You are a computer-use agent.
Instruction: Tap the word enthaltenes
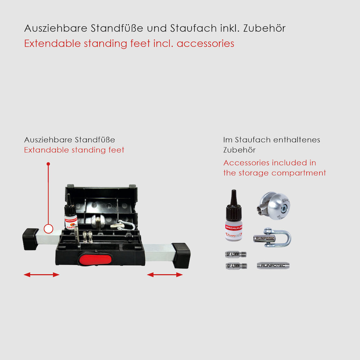pyautogui.click(x=297, y=140)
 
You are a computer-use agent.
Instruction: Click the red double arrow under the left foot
pyautogui.click(x=41, y=275)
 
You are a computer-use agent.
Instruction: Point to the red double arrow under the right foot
pyautogui.click(x=165, y=275)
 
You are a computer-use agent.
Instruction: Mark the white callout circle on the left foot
pyautogui.click(x=48, y=228)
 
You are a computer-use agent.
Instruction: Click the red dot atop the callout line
pyautogui.click(x=48, y=164)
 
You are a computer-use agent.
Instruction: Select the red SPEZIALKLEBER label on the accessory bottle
pyautogui.click(x=234, y=228)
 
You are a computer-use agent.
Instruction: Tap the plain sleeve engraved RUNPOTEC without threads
pyautogui.click(x=273, y=266)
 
